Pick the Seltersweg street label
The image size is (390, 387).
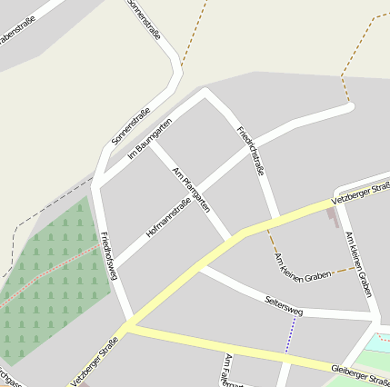[x=283, y=305]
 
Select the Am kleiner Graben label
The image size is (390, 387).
[x=359, y=264]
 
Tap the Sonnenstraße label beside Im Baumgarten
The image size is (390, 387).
[x=130, y=127]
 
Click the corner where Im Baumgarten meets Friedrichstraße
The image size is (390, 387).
[x=206, y=94]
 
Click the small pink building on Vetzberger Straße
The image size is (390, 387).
[x=334, y=216]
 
